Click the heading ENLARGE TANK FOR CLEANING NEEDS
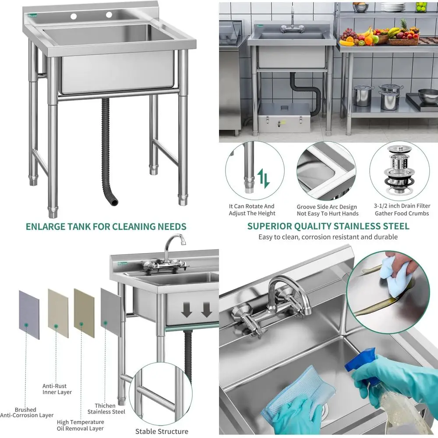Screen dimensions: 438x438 pyautogui.click(x=106, y=226)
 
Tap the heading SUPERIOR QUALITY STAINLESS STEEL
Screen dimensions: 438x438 pyautogui.click(x=328, y=226)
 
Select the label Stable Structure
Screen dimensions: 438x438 pyautogui.click(x=162, y=431)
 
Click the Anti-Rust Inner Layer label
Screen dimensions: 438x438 pyautogui.click(x=57, y=389)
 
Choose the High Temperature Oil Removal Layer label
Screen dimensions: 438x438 pyautogui.click(x=81, y=425)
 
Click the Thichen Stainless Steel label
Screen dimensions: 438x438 pyautogui.click(x=106, y=409)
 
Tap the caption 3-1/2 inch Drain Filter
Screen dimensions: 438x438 pyautogui.click(x=402, y=210)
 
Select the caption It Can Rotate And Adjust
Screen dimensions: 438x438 pyautogui.click(x=252, y=210)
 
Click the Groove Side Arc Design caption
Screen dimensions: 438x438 pyautogui.click(x=327, y=210)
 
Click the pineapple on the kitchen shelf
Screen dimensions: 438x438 pyautogui.click(x=403, y=27)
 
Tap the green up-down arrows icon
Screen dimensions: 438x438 pyautogui.click(x=264, y=178)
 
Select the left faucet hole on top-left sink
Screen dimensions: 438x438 pyautogui.click(x=73, y=17)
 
